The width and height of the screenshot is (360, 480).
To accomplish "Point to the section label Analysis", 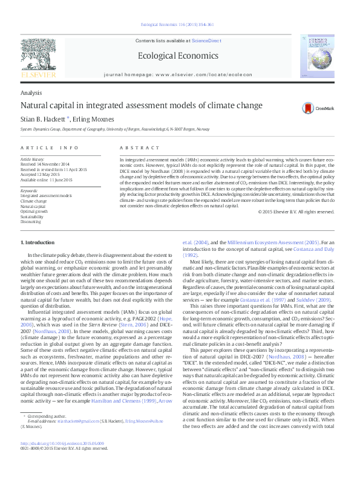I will point(31,92).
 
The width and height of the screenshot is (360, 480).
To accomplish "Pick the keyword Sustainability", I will point(33,216).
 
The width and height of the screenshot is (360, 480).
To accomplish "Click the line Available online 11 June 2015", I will point(46,180).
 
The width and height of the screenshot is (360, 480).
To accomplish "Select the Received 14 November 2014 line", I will point(46,164).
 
